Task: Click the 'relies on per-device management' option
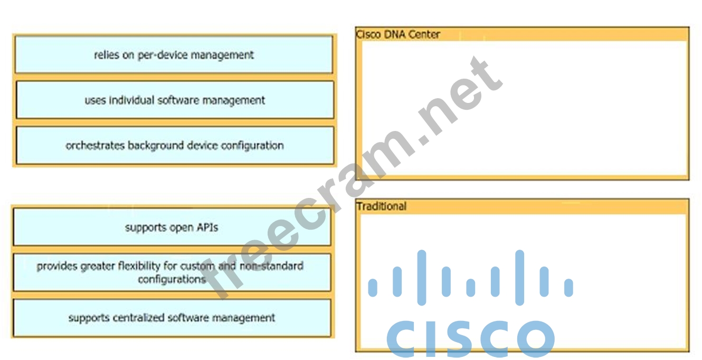pos(174,55)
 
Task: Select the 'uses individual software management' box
pos(175,100)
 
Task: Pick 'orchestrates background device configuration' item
pos(175,145)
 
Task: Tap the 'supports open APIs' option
pos(172,228)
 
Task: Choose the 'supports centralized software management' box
pos(172,318)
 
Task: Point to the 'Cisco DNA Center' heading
pos(398,34)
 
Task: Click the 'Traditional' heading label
pos(381,206)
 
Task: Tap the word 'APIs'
pos(206,228)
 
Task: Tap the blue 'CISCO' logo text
pos(470,338)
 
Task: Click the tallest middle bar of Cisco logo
pos(421,277)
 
